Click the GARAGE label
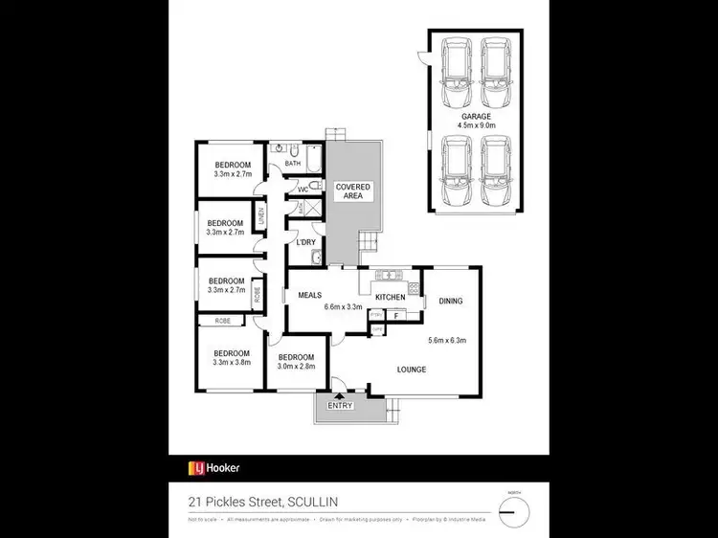475,116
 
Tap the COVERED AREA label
353,191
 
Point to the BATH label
293,164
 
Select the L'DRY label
306,242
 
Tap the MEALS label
309,295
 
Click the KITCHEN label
390,298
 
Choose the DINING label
450,301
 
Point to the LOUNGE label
413,368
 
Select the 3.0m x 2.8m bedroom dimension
296,366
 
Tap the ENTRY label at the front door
340,406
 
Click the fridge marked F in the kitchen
395,315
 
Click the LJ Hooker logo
213,468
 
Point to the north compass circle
517,508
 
